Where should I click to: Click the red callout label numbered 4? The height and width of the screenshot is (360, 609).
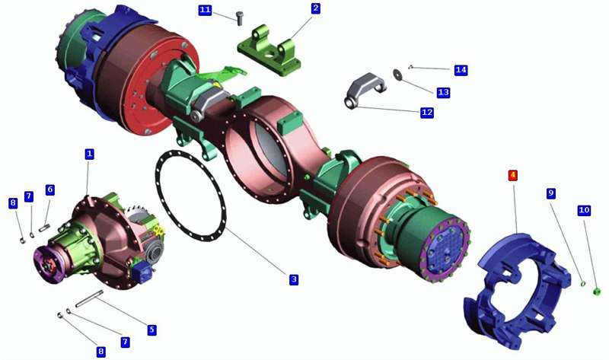513,175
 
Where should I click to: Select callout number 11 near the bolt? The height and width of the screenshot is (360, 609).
205,10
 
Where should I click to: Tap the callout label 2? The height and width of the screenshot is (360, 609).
315,8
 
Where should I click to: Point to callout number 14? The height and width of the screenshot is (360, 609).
461,70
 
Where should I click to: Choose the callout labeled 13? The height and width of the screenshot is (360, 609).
443,92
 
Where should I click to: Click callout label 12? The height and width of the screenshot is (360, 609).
427,113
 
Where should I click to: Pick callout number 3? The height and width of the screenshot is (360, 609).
294,279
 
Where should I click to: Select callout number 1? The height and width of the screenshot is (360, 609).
89,154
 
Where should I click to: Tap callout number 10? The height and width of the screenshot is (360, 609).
584,211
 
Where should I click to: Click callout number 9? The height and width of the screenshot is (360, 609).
550,193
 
